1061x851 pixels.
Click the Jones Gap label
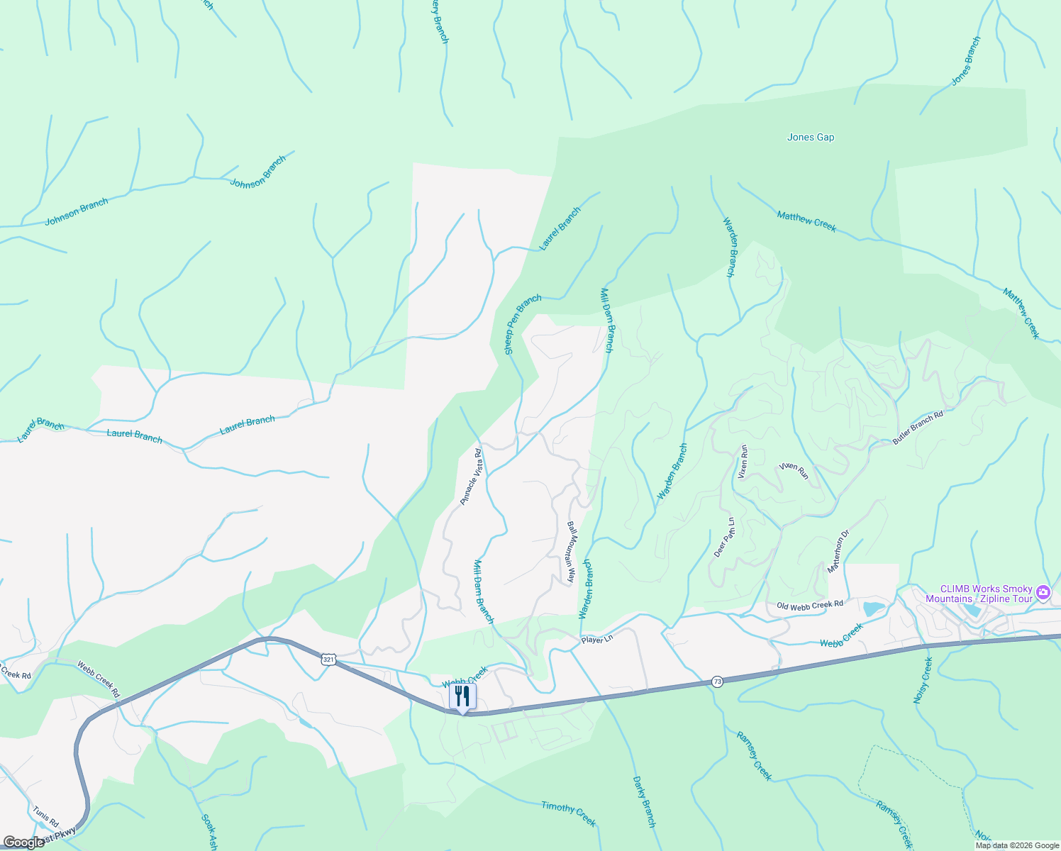pyautogui.click(x=811, y=138)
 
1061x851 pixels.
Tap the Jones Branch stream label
pyautogui.click(x=966, y=61)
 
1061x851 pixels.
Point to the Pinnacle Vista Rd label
pyautogui.click(x=470, y=477)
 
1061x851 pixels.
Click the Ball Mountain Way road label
pyautogui.click(x=570, y=552)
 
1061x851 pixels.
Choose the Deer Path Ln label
pyautogui.click(x=723, y=536)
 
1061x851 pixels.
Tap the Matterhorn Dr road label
pyautogui.click(x=838, y=552)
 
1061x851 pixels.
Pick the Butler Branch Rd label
pyautogui.click(x=918, y=428)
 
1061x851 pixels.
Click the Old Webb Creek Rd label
pyautogui.click(x=809, y=605)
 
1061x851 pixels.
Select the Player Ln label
pyautogui.click(x=596, y=640)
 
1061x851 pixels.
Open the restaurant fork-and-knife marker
pyautogui.click(x=462, y=696)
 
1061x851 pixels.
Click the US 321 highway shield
pyautogui.click(x=328, y=660)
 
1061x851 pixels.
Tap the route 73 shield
pyautogui.click(x=718, y=682)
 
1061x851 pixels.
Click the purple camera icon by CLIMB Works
pyautogui.click(x=1043, y=591)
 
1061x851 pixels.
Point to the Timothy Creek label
pyautogui.click(x=568, y=813)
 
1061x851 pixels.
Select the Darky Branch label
pyautogui.click(x=644, y=801)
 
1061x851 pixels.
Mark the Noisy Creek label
pyautogui.click(x=922, y=680)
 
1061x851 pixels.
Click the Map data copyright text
pyautogui.click(x=1017, y=845)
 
